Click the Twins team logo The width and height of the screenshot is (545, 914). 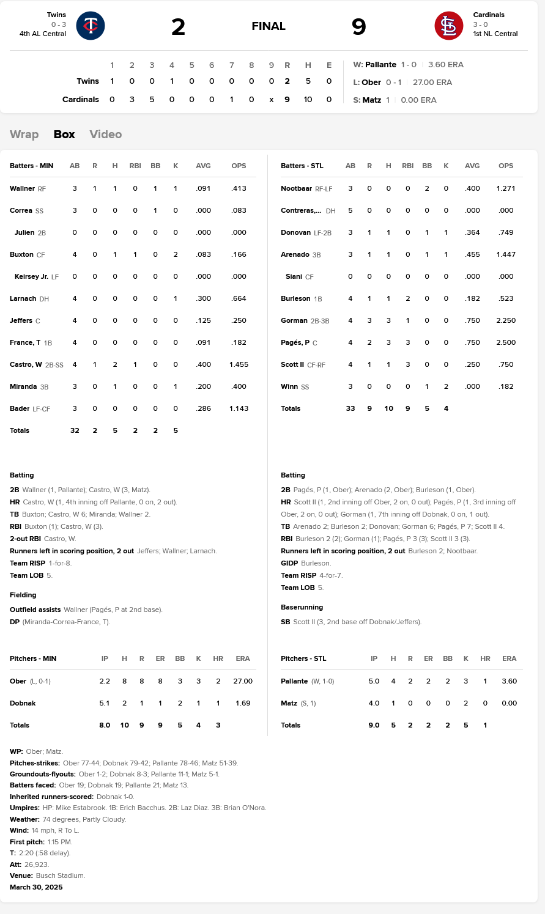click(91, 26)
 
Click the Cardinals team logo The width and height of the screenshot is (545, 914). click(449, 26)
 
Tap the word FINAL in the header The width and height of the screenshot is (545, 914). click(269, 26)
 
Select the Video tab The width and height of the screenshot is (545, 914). click(106, 135)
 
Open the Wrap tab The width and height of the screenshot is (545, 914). click(24, 135)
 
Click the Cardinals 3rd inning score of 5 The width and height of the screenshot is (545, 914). click(152, 99)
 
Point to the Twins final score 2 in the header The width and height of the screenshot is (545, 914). click(178, 27)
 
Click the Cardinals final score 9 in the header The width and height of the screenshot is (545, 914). click(359, 27)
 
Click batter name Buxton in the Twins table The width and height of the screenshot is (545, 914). click(21, 254)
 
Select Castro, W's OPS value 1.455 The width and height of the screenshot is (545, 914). click(239, 364)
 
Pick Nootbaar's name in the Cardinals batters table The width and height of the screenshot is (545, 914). click(297, 188)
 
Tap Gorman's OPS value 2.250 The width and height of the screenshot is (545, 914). click(506, 320)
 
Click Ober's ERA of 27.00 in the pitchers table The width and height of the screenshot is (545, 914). click(243, 681)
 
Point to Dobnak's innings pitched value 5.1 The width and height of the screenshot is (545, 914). click(105, 703)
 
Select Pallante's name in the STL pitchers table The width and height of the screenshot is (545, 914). click(294, 681)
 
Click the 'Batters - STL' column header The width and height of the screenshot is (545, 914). click(302, 166)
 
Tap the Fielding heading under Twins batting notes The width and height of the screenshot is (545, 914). click(23, 595)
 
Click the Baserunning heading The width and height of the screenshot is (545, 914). click(302, 607)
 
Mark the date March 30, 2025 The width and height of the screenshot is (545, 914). click(36, 887)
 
